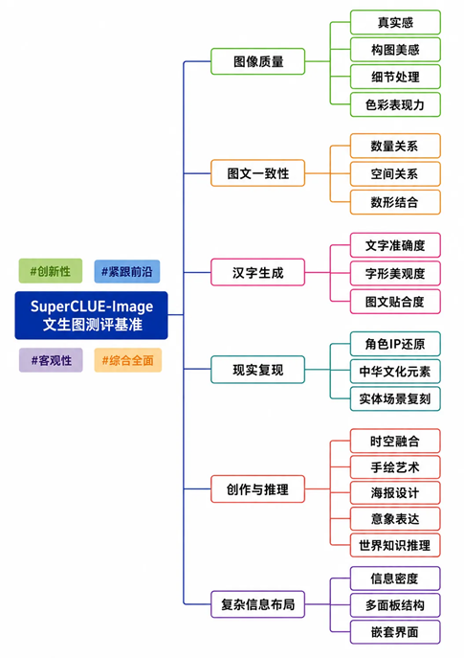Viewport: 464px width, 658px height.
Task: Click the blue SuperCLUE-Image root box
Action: click(92, 315)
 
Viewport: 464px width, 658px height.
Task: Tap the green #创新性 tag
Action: click(51, 271)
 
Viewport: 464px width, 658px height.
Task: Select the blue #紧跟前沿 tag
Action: click(127, 271)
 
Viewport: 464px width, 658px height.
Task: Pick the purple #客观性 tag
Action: click(51, 360)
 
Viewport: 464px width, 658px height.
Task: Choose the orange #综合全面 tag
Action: click(128, 360)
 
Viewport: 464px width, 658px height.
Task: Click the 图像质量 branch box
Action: click(257, 61)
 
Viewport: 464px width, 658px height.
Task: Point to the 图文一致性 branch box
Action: click(257, 173)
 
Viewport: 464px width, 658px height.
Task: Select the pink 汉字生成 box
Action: click(257, 272)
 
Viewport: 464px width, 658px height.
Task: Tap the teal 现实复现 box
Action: click(257, 370)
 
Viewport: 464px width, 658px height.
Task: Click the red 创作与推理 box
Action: click(257, 488)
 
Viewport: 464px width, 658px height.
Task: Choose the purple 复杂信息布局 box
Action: click(257, 604)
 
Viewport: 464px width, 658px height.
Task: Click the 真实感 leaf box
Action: click(395, 22)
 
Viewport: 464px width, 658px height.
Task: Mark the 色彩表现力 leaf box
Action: click(395, 104)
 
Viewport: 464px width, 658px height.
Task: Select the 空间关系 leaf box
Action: click(395, 173)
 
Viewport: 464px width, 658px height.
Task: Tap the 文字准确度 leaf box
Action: click(395, 245)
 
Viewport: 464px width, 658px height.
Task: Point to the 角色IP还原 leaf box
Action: click(395, 344)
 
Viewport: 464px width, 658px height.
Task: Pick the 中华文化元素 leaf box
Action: click(395, 372)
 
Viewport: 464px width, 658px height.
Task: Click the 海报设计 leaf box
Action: click(395, 492)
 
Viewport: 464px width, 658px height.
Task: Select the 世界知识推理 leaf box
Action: click(395, 545)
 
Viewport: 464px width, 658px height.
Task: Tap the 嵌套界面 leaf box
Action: click(395, 632)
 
